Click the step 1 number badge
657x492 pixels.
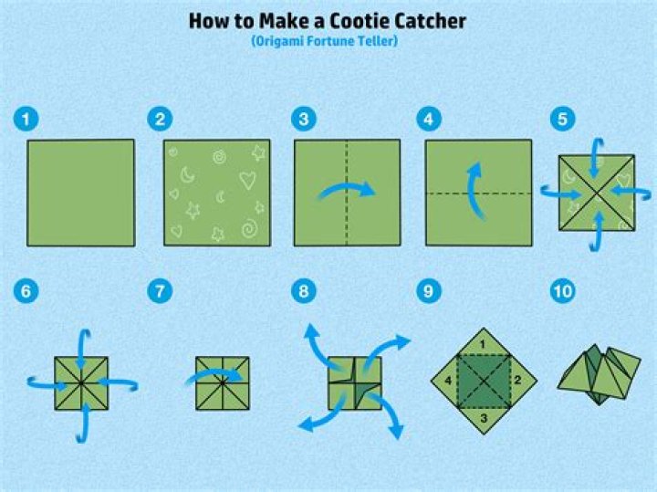[26, 119]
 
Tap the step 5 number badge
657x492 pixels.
[562, 119]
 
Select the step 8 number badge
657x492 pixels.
[304, 291]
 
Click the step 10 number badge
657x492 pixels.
[562, 291]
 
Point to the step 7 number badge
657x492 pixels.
[160, 291]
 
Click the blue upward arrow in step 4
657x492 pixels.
[477, 191]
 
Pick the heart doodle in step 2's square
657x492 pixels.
[247, 180]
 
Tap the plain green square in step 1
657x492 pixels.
[81, 193]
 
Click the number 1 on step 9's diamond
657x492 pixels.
[483, 344]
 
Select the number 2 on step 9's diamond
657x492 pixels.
[517, 380]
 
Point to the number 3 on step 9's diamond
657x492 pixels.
[484, 418]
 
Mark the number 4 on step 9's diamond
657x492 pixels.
[448, 381]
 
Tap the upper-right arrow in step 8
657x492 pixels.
[383, 349]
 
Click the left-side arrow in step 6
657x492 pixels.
[47, 383]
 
